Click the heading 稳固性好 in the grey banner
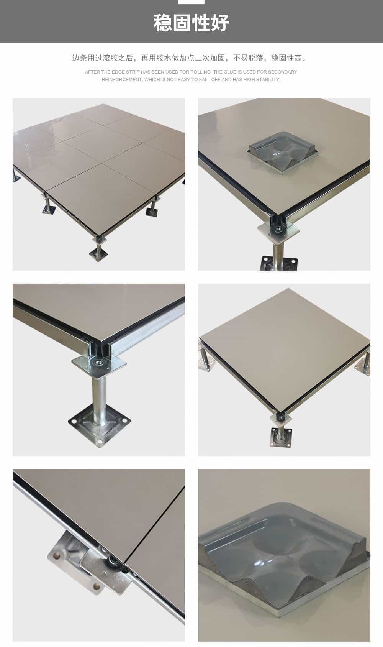[191, 23]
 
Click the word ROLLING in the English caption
[201, 72]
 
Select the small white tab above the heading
[191, 2]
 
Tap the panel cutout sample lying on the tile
[283, 153]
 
